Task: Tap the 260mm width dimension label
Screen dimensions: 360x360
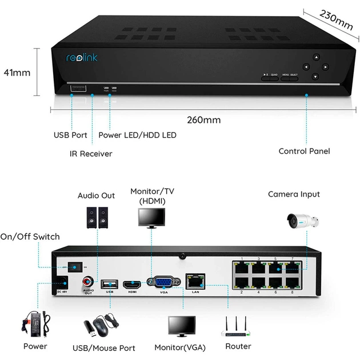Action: click(203, 121)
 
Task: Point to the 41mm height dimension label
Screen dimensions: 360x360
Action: click(17, 73)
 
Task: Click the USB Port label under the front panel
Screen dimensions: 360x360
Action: click(70, 135)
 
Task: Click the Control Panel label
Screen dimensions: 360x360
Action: click(304, 151)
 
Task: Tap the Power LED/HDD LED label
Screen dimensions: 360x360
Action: click(137, 135)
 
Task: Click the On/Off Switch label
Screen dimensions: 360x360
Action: click(30, 237)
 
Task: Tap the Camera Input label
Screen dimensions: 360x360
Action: click(294, 194)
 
